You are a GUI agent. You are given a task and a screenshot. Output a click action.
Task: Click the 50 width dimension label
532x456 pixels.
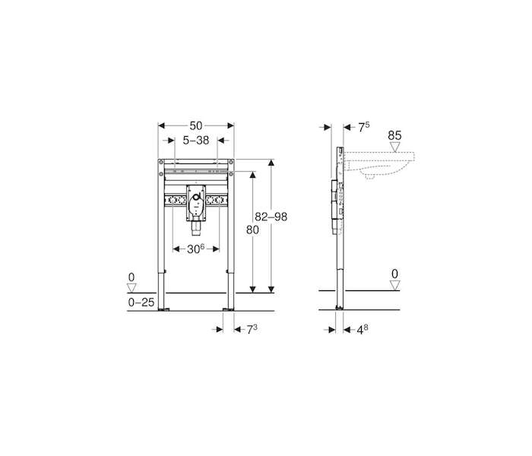[196, 126]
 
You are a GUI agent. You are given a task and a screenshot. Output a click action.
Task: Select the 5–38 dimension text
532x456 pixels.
[196, 140]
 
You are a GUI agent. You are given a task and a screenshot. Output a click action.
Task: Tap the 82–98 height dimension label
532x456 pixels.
[271, 217]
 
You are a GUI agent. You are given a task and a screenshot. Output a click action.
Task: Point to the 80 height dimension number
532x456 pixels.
[252, 230]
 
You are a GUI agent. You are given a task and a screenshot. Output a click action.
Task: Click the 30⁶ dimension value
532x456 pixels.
[196, 249]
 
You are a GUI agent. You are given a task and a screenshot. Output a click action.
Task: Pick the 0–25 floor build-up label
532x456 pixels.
[141, 302]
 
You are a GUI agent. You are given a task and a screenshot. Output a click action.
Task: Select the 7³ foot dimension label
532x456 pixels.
[252, 329]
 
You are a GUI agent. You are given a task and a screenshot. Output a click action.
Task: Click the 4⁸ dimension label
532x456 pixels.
[363, 329]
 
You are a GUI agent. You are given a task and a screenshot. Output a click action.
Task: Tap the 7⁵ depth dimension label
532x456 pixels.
[364, 127]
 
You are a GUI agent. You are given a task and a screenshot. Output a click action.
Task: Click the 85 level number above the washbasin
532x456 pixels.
[394, 136]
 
